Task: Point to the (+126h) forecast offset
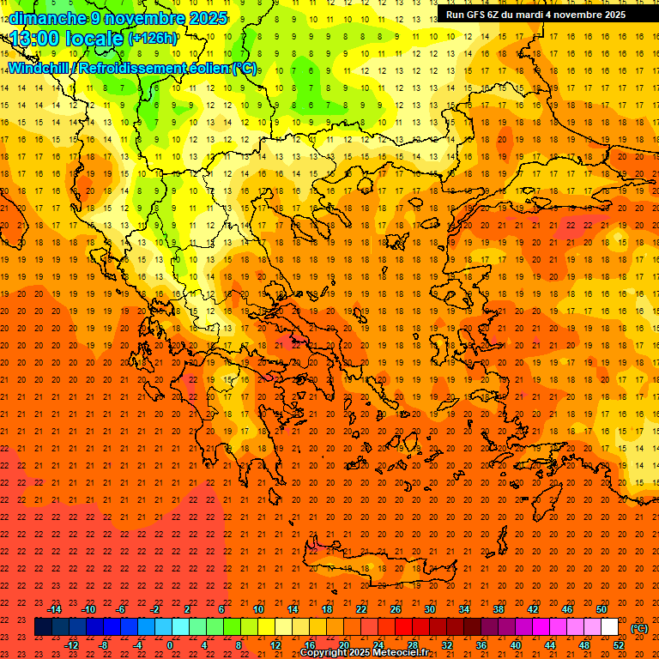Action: pyautogui.click(x=152, y=38)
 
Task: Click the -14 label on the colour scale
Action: pyautogui.click(x=55, y=609)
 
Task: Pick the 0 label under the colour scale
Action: pyautogui.click(x=170, y=645)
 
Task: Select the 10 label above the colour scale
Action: pyautogui.click(x=257, y=609)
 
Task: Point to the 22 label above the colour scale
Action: pyautogui.click(x=361, y=609)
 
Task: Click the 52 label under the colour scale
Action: pyautogui.click(x=619, y=645)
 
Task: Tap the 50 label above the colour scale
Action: pyautogui.click(x=602, y=609)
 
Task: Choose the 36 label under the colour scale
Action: pyautogui.click(x=481, y=645)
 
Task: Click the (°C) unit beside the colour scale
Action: pyautogui.click(x=638, y=628)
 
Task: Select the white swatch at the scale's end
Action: pyautogui.click(x=609, y=627)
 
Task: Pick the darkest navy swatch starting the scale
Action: pyautogui.click(x=43, y=627)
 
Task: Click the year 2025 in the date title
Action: pyautogui.click(x=208, y=18)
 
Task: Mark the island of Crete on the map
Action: pyautogui.click(x=378, y=571)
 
